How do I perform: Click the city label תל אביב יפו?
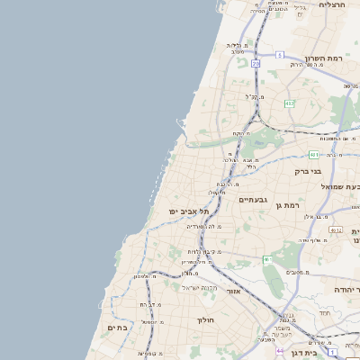pos(187,211)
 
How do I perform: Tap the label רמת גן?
pos(287,205)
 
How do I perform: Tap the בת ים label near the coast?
pos(118,328)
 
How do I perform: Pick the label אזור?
pos(233,292)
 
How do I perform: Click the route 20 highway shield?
pos(256,64)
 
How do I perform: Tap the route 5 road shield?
pos(280,56)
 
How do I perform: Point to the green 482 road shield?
pos(289,104)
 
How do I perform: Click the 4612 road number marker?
pos(336,230)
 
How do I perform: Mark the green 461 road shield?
pos(266,260)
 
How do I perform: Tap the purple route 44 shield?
pos(280,349)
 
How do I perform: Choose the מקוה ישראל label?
pos(200,287)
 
